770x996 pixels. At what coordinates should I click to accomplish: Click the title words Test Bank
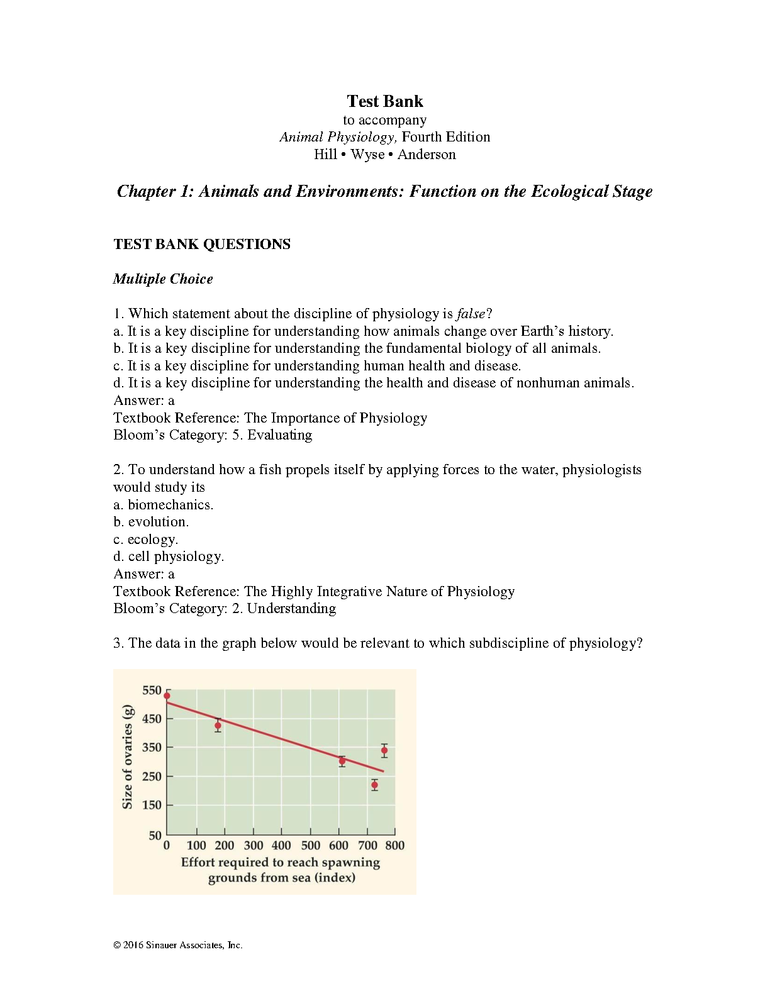tap(384, 101)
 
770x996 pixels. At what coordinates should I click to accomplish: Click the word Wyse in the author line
tap(367, 155)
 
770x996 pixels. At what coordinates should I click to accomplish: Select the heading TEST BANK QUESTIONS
tap(202, 245)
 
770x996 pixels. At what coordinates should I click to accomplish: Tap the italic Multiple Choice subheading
tap(163, 279)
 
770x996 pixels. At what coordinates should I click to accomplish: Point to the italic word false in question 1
tap(471, 314)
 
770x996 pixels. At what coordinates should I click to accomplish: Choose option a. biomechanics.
tap(164, 505)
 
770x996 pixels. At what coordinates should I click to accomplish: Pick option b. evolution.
tap(151, 522)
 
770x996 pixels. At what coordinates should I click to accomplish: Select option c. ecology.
tap(146, 539)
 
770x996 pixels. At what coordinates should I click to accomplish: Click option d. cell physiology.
tap(169, 556)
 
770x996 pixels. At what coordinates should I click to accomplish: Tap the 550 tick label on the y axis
tap(152, 690)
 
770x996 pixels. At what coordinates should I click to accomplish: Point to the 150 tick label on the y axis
tap(152, 805)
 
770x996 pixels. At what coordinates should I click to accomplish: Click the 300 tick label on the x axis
tap(254, 846)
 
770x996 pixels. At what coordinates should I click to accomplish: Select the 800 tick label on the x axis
tap(395, 846)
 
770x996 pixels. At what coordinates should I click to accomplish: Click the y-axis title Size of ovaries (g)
tap(127, 756)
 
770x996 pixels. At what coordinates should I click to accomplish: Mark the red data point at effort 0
tap(167, 695)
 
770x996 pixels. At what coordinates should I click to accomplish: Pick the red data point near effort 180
tap(218, 726)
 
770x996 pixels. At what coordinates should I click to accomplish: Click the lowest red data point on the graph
tap(374, 785)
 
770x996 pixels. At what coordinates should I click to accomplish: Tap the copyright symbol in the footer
tap(117, 945)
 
